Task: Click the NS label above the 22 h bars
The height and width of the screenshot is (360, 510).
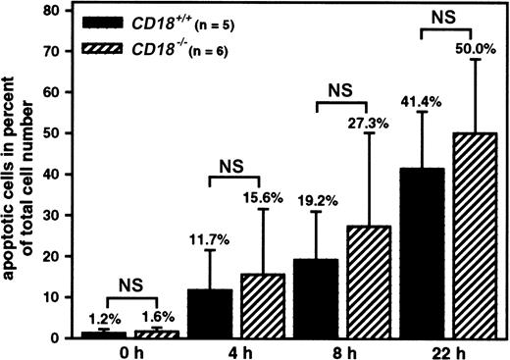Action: tap(444, 17)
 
